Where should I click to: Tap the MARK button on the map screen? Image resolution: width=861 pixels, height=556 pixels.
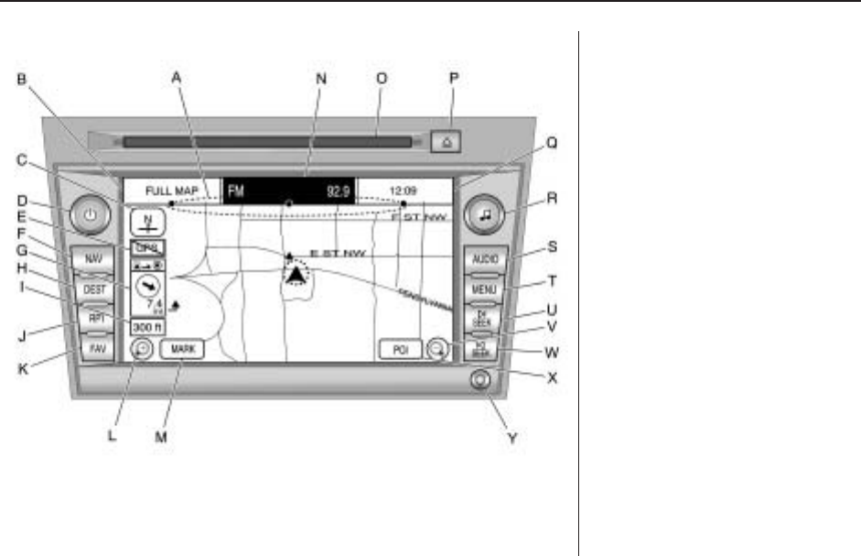point(181,349)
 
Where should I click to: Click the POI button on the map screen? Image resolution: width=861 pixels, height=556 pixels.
point(401,350)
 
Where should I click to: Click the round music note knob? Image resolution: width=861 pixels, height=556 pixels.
point(485,216)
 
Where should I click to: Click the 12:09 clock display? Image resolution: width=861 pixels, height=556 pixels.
point(404,191)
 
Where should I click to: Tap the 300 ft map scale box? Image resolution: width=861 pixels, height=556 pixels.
point(145,327)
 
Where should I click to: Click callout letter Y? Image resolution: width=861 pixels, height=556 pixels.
point(512,438)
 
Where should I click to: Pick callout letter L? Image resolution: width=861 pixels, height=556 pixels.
point(111,436)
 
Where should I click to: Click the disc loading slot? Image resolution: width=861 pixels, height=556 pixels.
point(265,142)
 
